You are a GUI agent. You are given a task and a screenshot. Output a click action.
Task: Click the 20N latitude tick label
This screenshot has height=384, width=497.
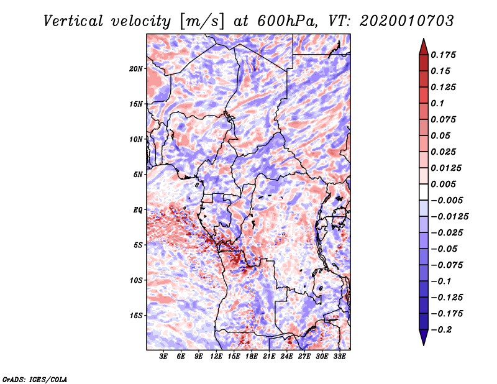(136, 68)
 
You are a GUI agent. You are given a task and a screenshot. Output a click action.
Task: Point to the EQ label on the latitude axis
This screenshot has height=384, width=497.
(138, 210)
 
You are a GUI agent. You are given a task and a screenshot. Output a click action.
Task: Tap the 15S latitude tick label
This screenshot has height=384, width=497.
(136, 316)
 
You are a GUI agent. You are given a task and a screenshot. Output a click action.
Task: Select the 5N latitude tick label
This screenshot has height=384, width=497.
(138, 175)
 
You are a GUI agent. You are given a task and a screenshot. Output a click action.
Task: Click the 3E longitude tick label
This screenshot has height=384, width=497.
(164, 356)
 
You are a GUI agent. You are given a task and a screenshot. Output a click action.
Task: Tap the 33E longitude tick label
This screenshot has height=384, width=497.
(340, 356)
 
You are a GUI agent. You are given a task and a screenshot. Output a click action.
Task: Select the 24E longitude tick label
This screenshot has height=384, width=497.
(287, 356)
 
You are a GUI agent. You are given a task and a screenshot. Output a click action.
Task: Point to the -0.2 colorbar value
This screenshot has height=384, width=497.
(442, 329)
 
